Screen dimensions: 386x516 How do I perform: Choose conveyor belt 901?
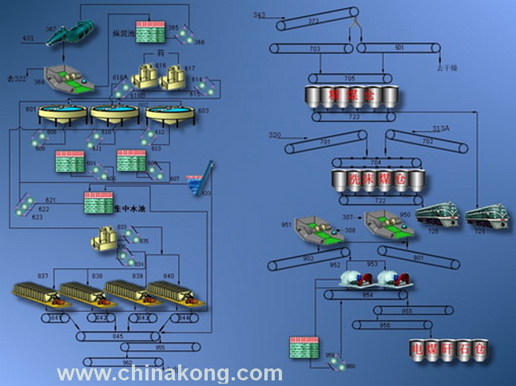coord(415,257)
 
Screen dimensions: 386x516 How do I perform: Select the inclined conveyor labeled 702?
coord(427,144)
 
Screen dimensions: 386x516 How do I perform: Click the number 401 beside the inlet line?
coord(29,37)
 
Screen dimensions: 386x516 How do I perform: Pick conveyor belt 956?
coord(388,325)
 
